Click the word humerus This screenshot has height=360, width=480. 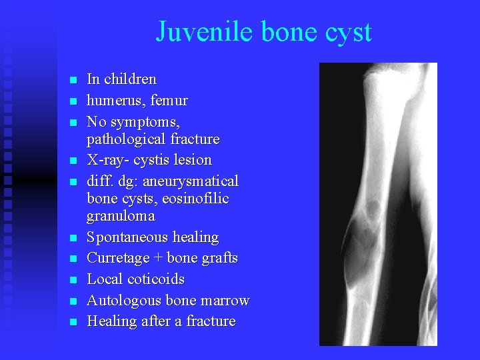(115, 101)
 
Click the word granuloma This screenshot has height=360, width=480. (121, 216)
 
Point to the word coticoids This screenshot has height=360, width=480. (155, 279)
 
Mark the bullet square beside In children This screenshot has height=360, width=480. (73, 80)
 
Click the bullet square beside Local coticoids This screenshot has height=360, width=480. (73, 280)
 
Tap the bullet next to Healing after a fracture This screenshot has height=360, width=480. (73, 322)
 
